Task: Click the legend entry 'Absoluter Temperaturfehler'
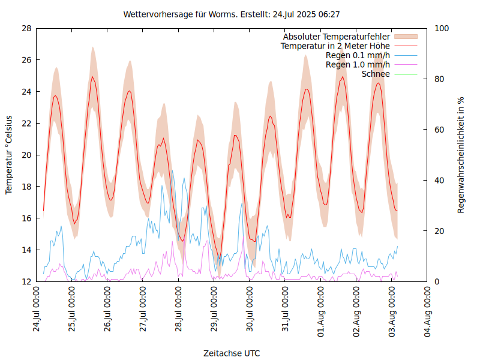tap(337, 37)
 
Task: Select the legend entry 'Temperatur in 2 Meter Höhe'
tap(335, 46)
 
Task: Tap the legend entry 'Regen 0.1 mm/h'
tap(358, 55)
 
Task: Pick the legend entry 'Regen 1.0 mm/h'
tap(358, 64)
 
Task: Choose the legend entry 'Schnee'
tap(376, 74)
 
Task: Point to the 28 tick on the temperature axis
tap(26, 28)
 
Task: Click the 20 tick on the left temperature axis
tap(26, 155)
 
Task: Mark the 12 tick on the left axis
tap(26, 281)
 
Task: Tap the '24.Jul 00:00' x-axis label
tap(37, 310)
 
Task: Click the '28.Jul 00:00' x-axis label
tap(179, 310)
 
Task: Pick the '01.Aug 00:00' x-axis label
tap(321, 310)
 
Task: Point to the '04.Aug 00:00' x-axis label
tap(427, 310)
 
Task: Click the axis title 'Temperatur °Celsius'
tap(9, 154)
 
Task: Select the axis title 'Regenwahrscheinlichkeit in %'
tap(461, 155)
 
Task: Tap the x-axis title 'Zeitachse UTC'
tap(232, 353)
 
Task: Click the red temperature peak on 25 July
tap(92, 76)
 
